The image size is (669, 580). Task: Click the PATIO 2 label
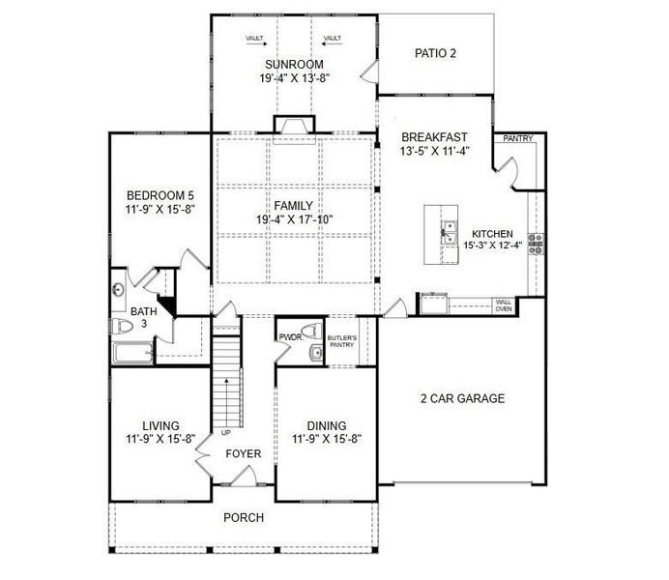coord(435,53)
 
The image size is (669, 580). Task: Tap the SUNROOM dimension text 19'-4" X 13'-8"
coord(295,78)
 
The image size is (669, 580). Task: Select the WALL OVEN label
coord(504,305)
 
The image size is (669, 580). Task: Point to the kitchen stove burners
coord(537,244)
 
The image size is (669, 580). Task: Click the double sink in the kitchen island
coord(448,233)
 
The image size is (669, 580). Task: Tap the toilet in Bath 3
coord(122,327)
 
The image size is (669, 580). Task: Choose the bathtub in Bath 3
coord(132,353)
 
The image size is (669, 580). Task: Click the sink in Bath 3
coord(118,290)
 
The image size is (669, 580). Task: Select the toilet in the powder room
coord(311,331)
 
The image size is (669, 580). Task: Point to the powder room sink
coord(316,353)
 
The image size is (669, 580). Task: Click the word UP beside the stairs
coord(225,433)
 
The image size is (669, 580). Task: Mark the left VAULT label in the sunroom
coord(254,39)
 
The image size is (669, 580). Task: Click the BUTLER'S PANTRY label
coord(342,341)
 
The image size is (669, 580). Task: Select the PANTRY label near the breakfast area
coord(518,138)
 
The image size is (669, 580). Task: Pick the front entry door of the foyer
coord(244,477)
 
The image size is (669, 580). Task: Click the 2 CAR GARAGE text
coord(462,398)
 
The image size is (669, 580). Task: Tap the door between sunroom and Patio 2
coord(370,71)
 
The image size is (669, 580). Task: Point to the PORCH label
coord(244,518)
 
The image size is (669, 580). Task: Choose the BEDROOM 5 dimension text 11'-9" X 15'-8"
coord(160,210)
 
